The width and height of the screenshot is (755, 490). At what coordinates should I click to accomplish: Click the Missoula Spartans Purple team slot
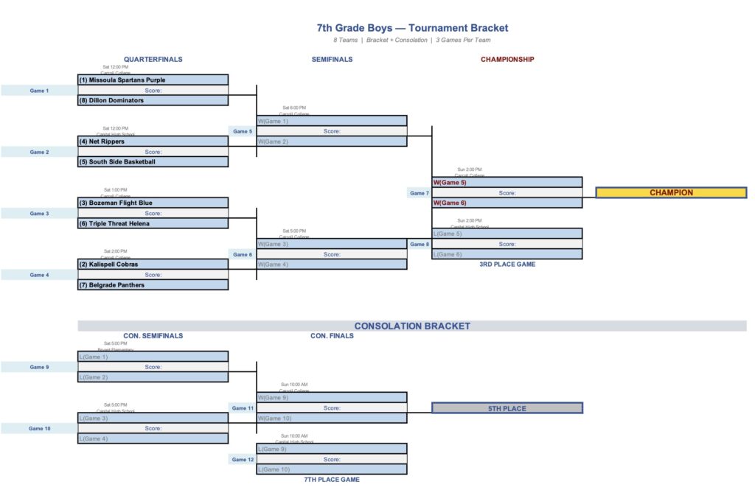coord(153,80)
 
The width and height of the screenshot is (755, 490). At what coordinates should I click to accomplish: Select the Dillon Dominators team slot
coord(153,100)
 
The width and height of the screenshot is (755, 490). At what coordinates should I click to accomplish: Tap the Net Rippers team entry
coord(153,141)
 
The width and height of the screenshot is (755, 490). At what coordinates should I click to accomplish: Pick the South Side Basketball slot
coord(153,162)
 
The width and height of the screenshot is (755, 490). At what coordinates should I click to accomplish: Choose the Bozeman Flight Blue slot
coord(153,203)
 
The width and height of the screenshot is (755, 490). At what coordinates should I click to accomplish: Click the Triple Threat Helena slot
coord(153,223)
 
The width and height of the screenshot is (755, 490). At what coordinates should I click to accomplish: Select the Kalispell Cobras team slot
coord(153,264)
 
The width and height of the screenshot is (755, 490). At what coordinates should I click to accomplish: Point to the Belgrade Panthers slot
coord(153,285)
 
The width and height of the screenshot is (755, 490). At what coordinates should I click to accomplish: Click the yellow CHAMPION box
coord(671,193)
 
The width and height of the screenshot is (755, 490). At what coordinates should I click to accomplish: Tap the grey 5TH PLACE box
coord(507,408)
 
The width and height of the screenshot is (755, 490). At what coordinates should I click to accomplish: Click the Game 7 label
coord(419,193)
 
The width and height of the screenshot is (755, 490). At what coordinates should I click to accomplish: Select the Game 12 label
coord(243,459)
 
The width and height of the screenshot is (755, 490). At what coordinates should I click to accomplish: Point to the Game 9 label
coord(39,367)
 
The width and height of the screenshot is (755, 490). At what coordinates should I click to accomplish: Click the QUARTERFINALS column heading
coord(153,60)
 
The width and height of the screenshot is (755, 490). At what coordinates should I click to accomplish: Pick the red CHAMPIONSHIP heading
coord(507,60)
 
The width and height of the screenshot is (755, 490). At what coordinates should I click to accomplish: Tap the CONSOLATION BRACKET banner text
coord(412,326)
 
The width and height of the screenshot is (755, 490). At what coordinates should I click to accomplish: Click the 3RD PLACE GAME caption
coord(507,264)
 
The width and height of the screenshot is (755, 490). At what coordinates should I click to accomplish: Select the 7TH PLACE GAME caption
coord(332,480)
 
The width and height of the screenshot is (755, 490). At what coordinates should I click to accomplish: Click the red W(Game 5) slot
coord(507,182)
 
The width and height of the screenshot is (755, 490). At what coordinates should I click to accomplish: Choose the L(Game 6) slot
coord(507,254)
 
